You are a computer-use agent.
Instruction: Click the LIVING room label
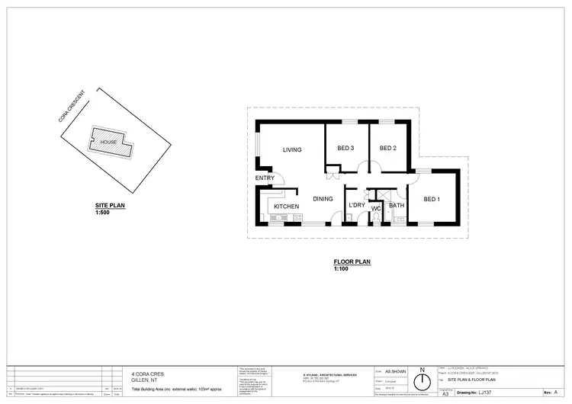292,149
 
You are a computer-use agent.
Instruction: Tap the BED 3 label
345,148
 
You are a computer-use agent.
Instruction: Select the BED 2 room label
388,148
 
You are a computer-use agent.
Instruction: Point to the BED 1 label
432,199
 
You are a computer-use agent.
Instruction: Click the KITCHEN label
287,207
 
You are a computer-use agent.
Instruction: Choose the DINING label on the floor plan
324,199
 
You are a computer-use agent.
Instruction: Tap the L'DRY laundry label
356,206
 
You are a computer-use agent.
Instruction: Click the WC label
376,208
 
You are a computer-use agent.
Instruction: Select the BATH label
396,205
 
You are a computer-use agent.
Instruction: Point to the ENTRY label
265,178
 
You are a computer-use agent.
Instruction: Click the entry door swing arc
280,178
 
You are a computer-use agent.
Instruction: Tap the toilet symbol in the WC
376,217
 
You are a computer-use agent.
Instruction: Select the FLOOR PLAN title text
352,263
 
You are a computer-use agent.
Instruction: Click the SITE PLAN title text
110,206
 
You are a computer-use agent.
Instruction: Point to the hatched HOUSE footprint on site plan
108,143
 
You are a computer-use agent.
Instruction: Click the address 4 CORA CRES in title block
148,374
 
